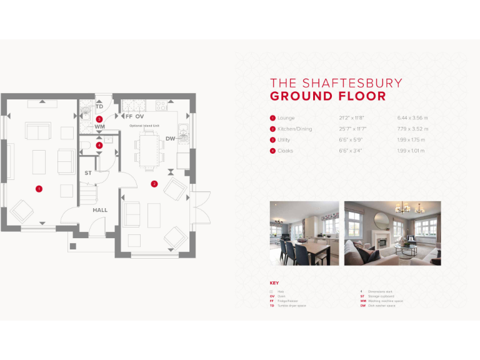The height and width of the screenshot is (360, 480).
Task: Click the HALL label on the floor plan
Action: [100, 210]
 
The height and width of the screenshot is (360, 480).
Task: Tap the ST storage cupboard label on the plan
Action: [88, 172]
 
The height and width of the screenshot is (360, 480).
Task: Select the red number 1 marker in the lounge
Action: [39, 188]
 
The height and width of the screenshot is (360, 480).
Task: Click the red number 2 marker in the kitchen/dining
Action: [154, 183]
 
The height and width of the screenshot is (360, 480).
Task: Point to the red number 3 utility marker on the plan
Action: [99, 119]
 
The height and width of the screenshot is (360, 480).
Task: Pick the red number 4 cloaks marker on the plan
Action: [99, 145]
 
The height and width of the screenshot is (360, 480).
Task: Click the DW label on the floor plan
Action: [170, 138]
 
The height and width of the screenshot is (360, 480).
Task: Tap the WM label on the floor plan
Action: [100, 127]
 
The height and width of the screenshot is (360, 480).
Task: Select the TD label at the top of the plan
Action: [99, 106]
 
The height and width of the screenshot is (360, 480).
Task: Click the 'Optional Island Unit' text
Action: [144, 126]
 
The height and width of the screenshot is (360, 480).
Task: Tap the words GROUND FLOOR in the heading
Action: [327, 96]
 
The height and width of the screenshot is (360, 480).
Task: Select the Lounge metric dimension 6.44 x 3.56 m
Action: [412, 117]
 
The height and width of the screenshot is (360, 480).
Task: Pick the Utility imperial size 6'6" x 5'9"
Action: [351, 140]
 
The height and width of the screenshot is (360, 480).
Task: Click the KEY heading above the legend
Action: [274, 283]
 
